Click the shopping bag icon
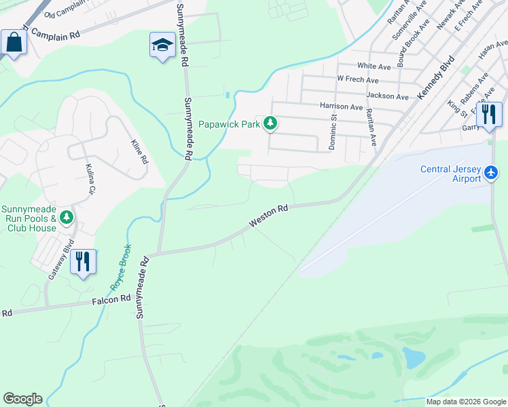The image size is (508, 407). tap(13, 43)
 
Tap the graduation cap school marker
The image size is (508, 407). tap(162, 45)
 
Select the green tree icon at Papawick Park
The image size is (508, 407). tap(271, 123)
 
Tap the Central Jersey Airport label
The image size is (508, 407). tap(451, 174)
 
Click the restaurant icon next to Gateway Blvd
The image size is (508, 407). tap(83, 261)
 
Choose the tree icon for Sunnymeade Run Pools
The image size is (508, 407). tap(67, 216)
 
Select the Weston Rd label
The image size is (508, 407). tap(270, 216)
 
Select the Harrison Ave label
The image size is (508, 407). tap(342, 106)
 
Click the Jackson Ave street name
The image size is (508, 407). tap(387, 96)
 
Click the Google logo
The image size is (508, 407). tap(22, 399)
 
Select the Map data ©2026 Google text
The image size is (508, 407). tap(466, 402)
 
